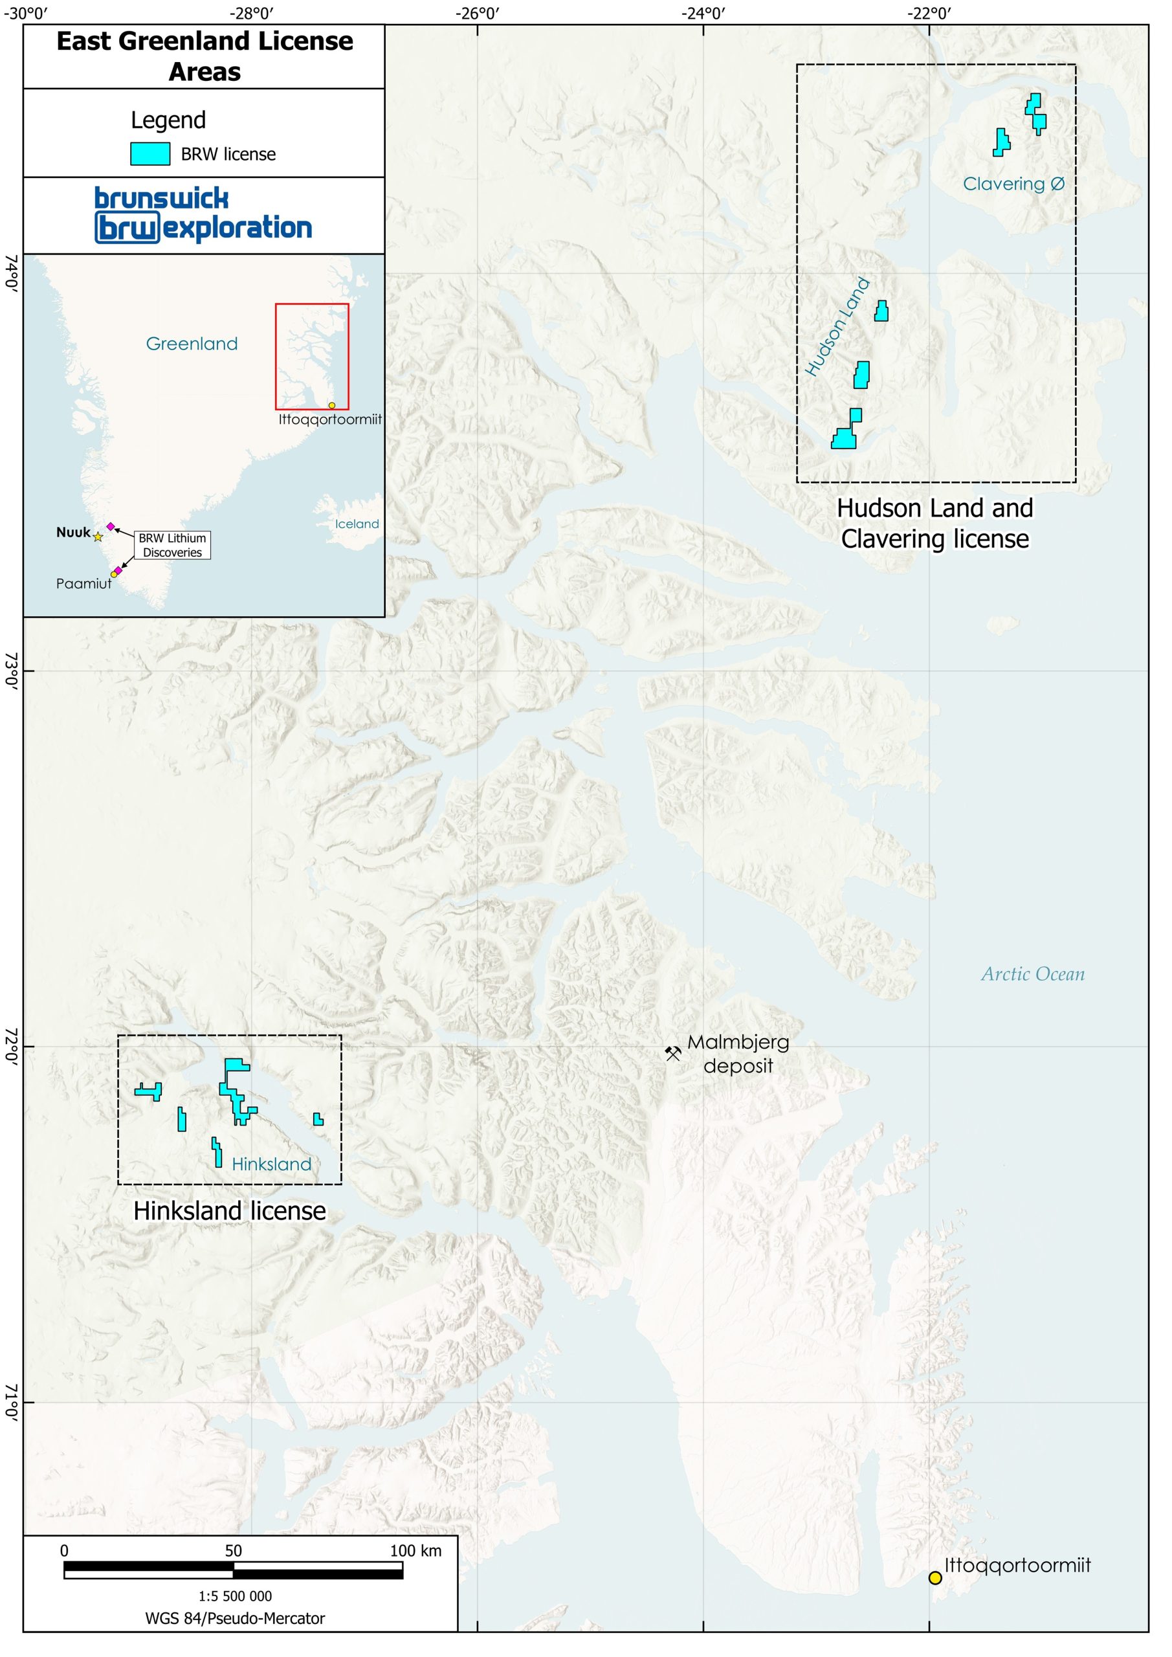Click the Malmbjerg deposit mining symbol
point(672,1053)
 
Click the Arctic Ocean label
point(1032,974)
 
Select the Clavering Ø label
point(1013,184)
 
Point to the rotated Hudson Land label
point(837,326)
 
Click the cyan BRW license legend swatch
point(150,153)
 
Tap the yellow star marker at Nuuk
point(98,537)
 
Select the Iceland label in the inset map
point(357,524)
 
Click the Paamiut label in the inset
point(83,584)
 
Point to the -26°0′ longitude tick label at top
point(477,12)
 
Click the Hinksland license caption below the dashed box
point(230,1210)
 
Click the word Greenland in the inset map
point(192,344)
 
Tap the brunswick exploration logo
point(203,214)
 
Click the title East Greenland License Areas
point(205,56)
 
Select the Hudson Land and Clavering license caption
point(934,523)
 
